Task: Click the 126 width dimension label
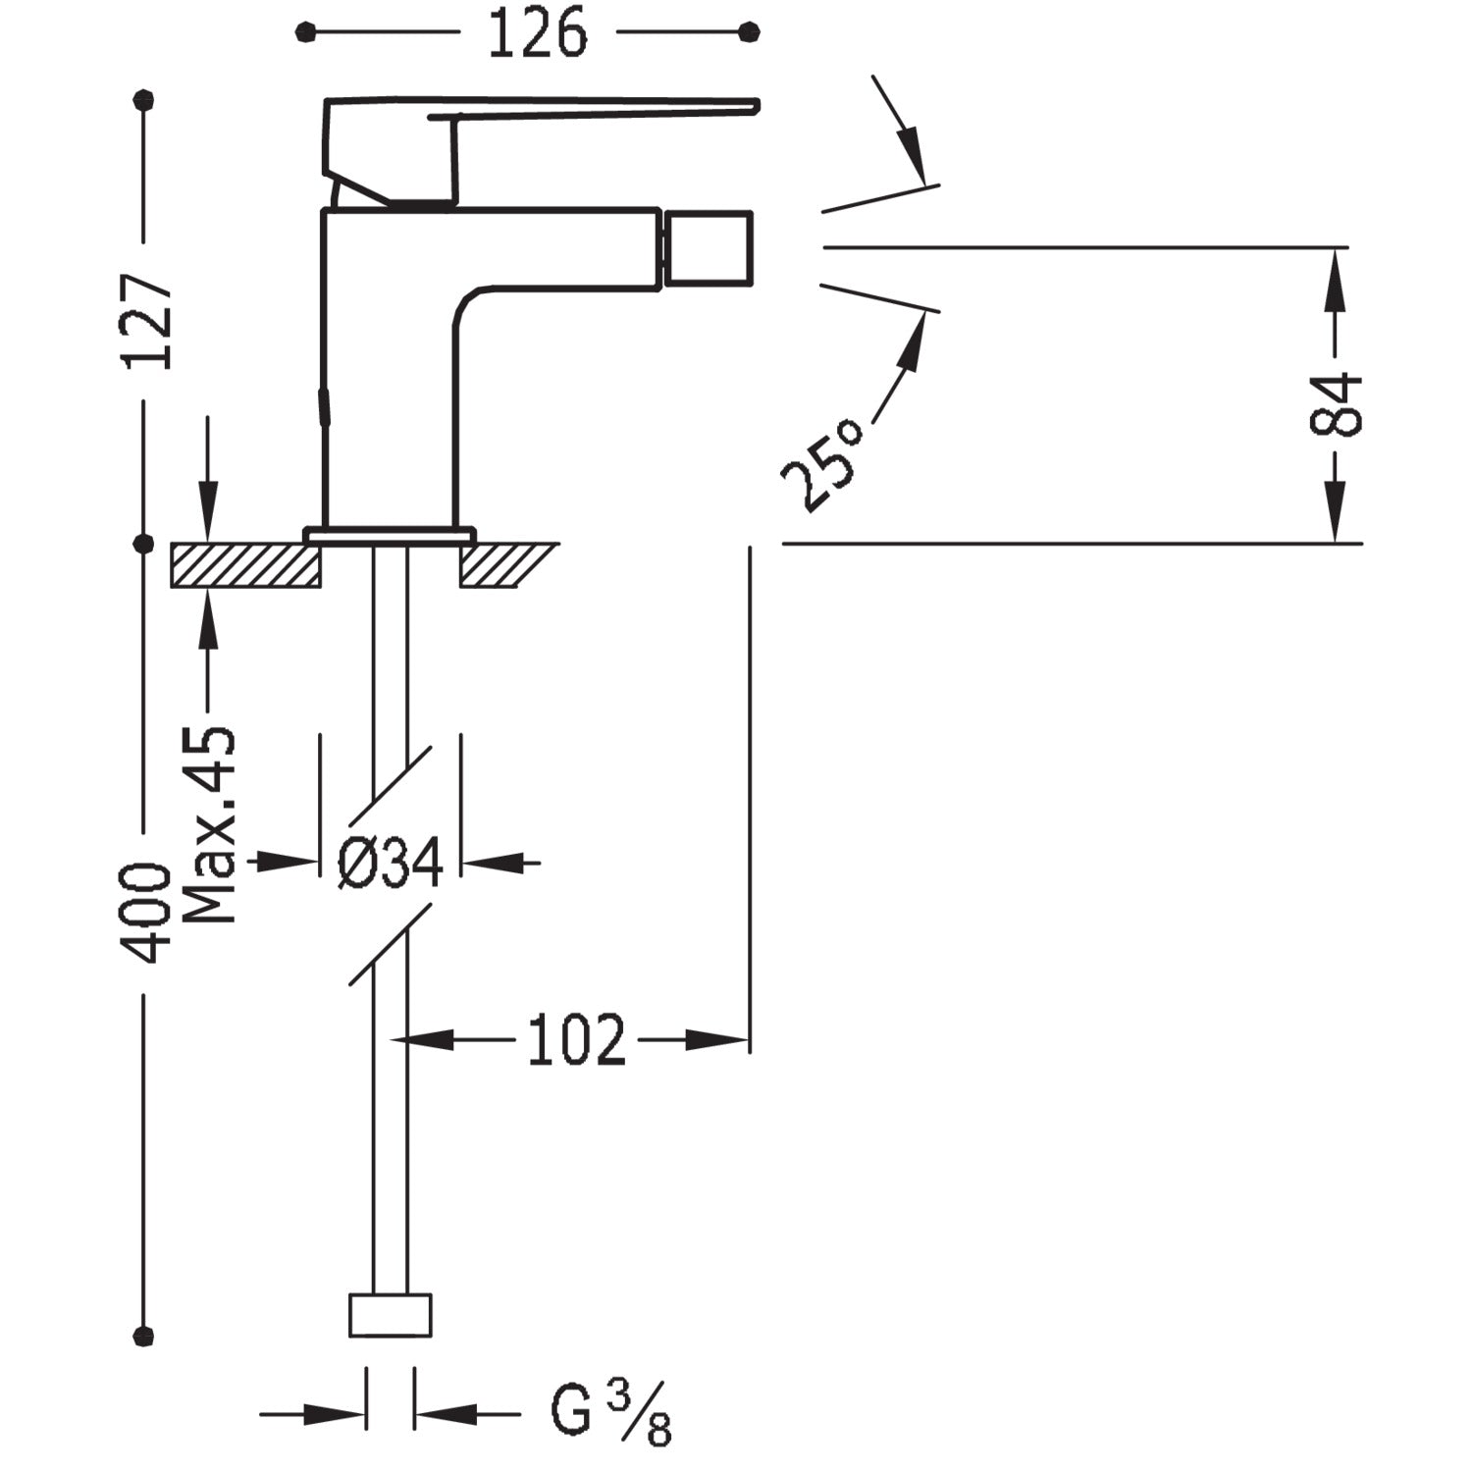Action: tap(537, 31)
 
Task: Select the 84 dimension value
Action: tap(1336, 402)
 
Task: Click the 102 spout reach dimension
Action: tap(576, 1040)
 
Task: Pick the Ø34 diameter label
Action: tap(391, 864)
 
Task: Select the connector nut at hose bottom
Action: tap(390, 1315)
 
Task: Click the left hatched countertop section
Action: tap(245, 565)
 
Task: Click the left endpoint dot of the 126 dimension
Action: tap(306, 31)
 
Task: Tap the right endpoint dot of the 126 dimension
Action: tap(752, 31)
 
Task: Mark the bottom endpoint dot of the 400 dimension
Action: tap(145, 1335)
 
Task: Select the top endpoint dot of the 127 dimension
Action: tap(145, 98)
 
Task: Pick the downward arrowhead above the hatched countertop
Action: tap(207, 515)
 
